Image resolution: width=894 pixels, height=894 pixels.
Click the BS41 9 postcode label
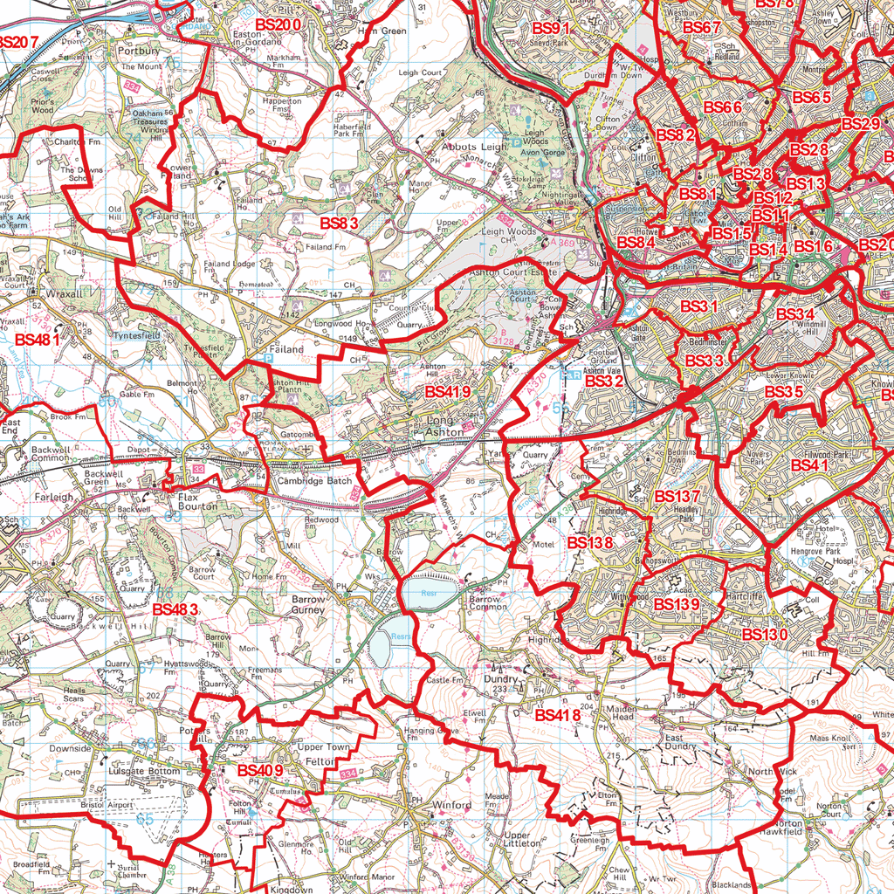pyautogui.click(x=448, y=392)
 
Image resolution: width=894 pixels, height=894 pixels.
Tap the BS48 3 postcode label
pyautogui.click(x=175, y=609)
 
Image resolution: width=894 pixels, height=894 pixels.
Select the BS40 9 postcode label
pyautogui.click(x=260, y=770)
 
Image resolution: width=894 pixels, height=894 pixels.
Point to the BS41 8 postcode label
pyautogui.click(x=558, y=715)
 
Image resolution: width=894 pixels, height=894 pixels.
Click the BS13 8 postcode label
pyautogui.click(x=590, y=542)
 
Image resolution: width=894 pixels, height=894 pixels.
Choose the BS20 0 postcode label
pyautogui.click(x=279, y=24)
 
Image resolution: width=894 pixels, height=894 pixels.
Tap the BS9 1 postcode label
pyautogui.click(x=552, y=27)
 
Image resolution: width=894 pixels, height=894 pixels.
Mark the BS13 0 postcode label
pyautogui.click(x=765, y=634)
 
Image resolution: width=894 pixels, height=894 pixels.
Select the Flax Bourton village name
pyautogui.click(x=197, y=501)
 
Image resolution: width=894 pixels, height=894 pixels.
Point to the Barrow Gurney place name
pyautogui.click(x=308, y=605)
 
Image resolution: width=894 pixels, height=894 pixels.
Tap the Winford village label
pyautogui.click(x=451, y=805)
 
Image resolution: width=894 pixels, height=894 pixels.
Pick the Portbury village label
pyautogui.click(x=138, y=51)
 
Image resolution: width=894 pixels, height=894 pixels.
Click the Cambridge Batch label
pyautogui.click(x=315, y=481)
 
